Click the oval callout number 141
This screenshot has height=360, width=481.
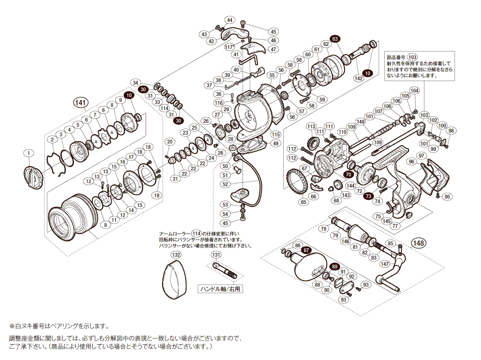tap(79, 102)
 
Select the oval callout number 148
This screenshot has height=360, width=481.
tap(419, 243)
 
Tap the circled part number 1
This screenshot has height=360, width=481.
tap(29, 153)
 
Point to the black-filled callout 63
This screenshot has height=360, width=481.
tap(334, 39)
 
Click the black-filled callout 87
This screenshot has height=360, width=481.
tap(306, 250)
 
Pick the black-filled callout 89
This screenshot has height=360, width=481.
tap(334, 267)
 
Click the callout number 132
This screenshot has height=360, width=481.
tap(176, 254)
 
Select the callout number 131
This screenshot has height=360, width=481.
tap(216, 254)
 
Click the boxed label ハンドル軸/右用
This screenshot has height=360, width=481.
tap(220, 289)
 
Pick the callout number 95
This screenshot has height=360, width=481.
tap(447, 197)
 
